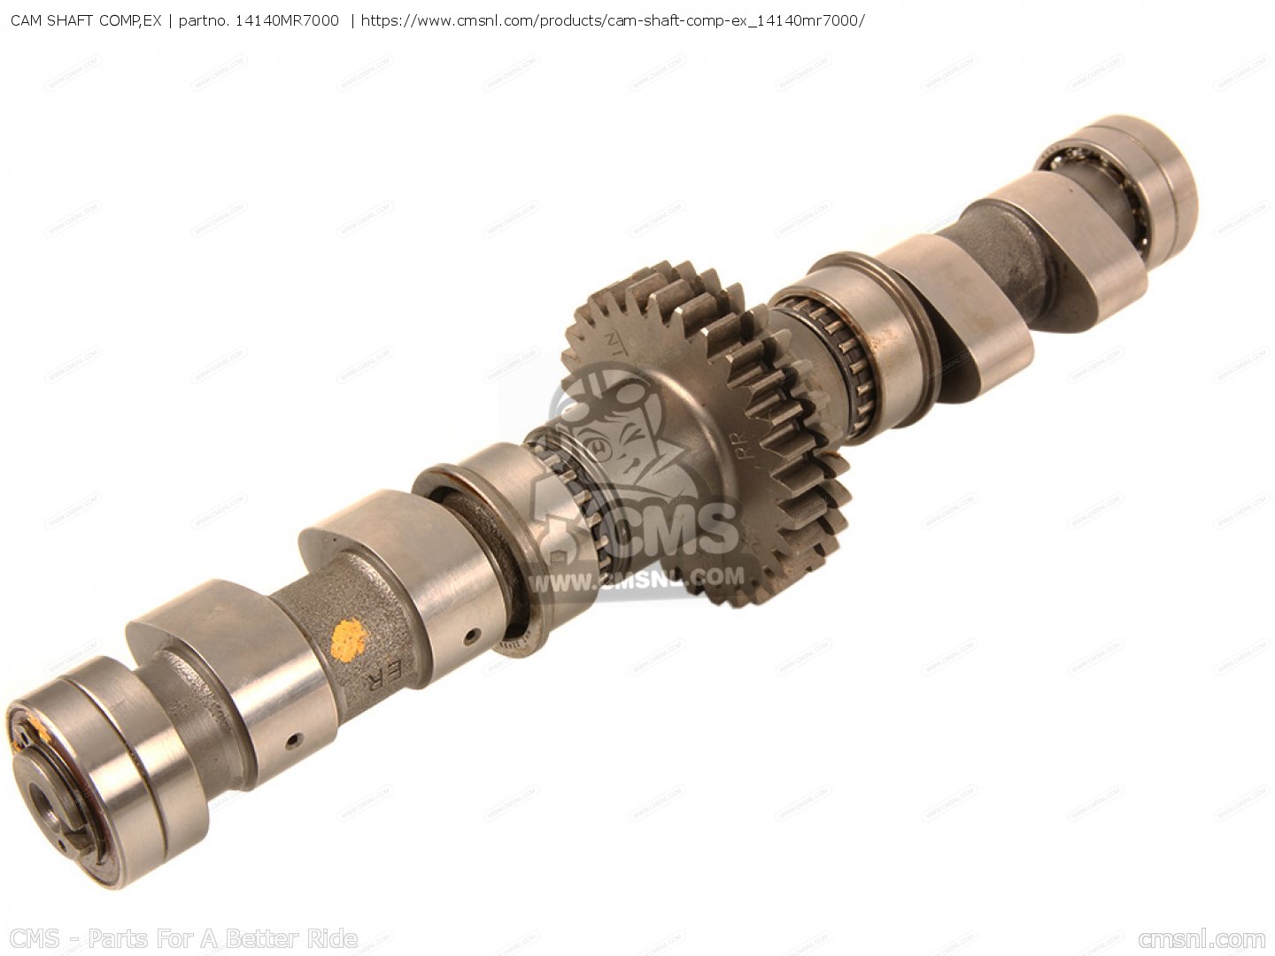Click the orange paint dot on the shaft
click(x=348, y=640)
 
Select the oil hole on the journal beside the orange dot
click(x=475, y=634)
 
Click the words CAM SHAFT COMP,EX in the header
click(x=85, y=19)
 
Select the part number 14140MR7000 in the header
click(x=285, y=19)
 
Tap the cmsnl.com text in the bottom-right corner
click(x=1202, y=938)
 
